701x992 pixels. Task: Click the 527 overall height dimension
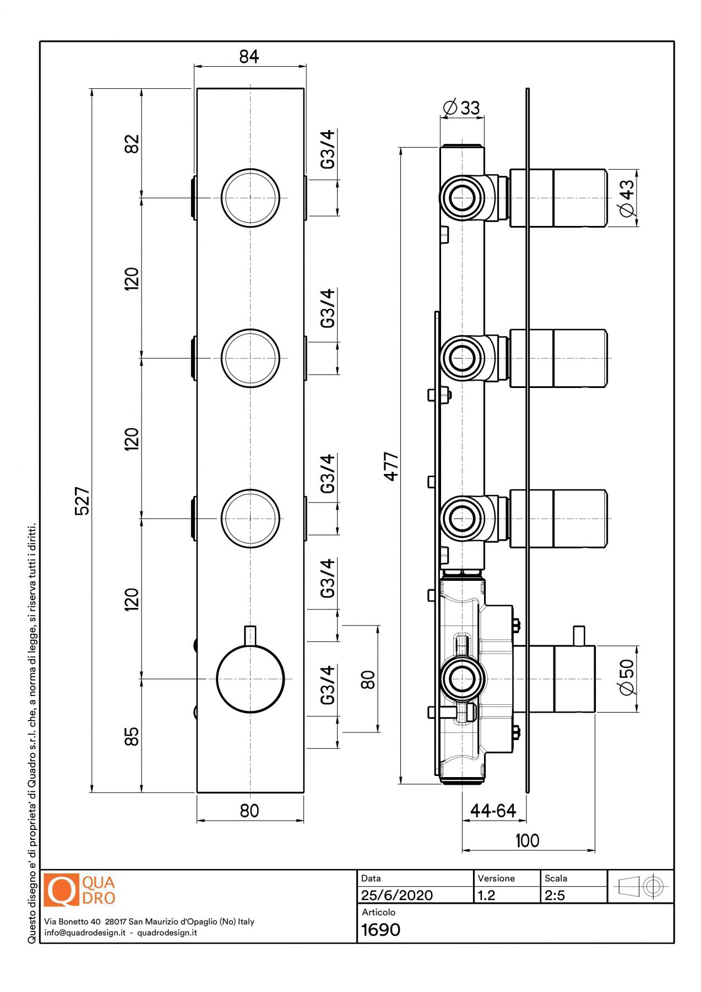pyautogui.click(x=82, y=500)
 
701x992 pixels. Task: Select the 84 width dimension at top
pyautogui.click(x=249, y=56)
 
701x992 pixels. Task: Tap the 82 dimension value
pyautogui.click(x=132, y=144)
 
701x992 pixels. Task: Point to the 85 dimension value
pyautogui.click(x=132, y=736)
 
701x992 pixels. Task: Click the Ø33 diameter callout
pyautogui.click(x=461, y=107)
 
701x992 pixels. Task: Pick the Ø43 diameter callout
pyautogui.click(x=627, y=198)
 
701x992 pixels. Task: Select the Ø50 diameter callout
pyautogui.click(x=627, y=678)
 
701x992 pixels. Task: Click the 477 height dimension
pyautogui.click(x=391, y=466)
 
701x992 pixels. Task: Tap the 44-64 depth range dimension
pyautogui.click(x=493, y=811)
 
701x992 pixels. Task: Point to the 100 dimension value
pyautogui.click(x=527, y=840)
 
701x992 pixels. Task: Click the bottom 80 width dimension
pyautogui.click(x=249, y=811)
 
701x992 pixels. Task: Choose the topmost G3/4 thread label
pyautogui.click(x=328, y=149)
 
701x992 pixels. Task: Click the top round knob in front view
pyautogui.click(x=251, y=198)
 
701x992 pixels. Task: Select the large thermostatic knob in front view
pyautogui.click(x=251, y=679)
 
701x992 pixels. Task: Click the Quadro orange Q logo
pyautogui.click(x=62, y=890)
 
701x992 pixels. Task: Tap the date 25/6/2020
pyautogui.click(x=396, y=895)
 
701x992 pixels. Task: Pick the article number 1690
pyautogui.click(x=381, y=930)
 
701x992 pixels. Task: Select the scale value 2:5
pyautogui.click(x=555, y=895)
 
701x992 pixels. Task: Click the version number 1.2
pyautogui.click(x=486, y=895)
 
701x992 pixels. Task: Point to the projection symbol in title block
pyautogui.click(x=641, y=887)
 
